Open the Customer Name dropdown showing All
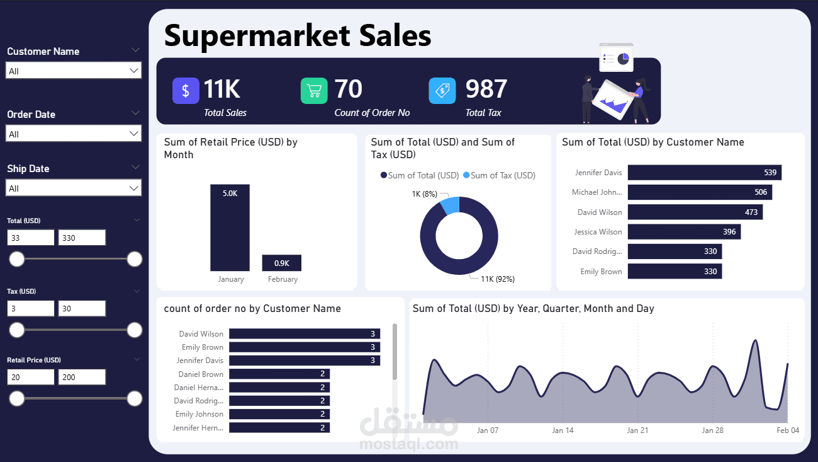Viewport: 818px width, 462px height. (x=73, y=71)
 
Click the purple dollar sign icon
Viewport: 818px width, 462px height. (x=186, y=91)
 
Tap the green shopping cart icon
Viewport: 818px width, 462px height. (x=314, y=91)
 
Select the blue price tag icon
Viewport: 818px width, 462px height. (x=442, y=91)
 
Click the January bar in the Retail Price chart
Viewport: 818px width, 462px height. (x=230, y=228)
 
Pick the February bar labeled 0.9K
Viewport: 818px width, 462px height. (x=281, y=263)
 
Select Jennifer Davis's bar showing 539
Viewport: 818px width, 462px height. (x=704, y=173)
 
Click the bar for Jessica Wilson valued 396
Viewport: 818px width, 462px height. (x=684, y=232)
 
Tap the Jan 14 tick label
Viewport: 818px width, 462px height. (x=563, y=430)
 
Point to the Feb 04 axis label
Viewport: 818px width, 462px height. (x=787, y=430)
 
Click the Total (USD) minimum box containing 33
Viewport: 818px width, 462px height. (x=31, y=238)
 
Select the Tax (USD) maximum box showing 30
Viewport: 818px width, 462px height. (x=82, y=309)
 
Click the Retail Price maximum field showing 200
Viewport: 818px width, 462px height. (x=82, y=378)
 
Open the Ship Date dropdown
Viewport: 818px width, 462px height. (x=73, y=188)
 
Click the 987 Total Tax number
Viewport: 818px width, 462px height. (x=486, y=90)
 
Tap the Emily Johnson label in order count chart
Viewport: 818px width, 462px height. (x=199, y=414)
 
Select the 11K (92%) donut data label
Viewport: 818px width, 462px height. (x=498, y=279)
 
